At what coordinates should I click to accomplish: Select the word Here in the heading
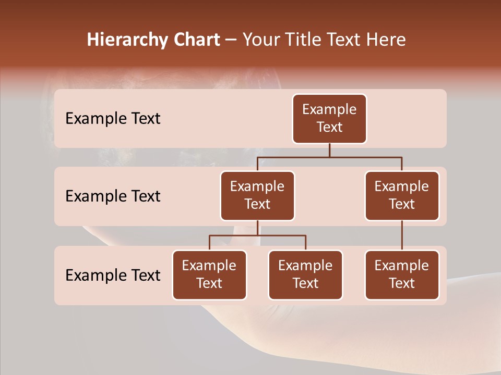click(387, 40)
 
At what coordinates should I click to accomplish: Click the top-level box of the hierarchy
click(329, 119)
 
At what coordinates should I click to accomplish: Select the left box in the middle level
click(257, 196)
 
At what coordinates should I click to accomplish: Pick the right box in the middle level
click(402, 196)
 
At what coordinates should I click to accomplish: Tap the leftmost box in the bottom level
click(209, 275)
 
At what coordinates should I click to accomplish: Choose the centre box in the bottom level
click(305, 275)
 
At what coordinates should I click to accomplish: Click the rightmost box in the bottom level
click(402, 275)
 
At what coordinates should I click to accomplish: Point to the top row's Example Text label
click(113, 119)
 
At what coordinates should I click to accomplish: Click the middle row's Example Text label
click(113, 196)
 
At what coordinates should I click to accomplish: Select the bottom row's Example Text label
click(113, 275)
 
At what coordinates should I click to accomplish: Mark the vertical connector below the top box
click(329, 150)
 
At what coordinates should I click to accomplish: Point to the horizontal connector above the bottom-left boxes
click(257, 235)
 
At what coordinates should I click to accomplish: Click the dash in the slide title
click(231, 40)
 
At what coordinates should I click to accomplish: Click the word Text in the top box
click(329, 128)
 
